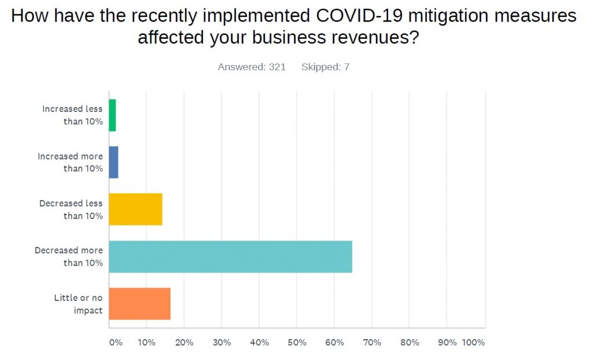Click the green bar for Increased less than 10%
coord(113,115)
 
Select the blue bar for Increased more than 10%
coord(114,162)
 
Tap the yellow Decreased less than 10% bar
coord(136,209)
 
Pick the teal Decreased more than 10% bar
coord(230,256)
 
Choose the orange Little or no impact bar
coord(140,303)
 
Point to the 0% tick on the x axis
coord(115,343)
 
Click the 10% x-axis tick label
coord(146,343)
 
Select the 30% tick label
coord(222,343)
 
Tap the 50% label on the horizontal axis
coord(296,343)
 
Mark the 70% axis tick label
coord(372,343)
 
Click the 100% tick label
coord(473,343)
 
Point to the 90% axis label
coord(447,343)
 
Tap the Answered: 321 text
coord(252,67)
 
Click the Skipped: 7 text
coord(325,67)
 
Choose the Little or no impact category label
coord(79,304)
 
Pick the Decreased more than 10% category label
coord(69,257)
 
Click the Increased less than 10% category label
coord(73,115)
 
